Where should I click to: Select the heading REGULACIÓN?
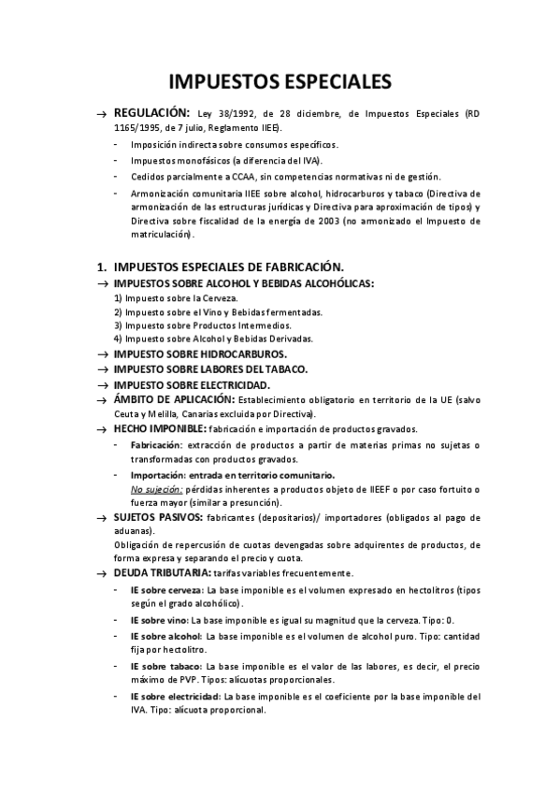point(151,112)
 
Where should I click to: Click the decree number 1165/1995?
point(138,127)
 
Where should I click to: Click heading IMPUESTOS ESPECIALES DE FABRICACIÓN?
point(228,267)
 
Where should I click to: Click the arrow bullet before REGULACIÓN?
point(103,113)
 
